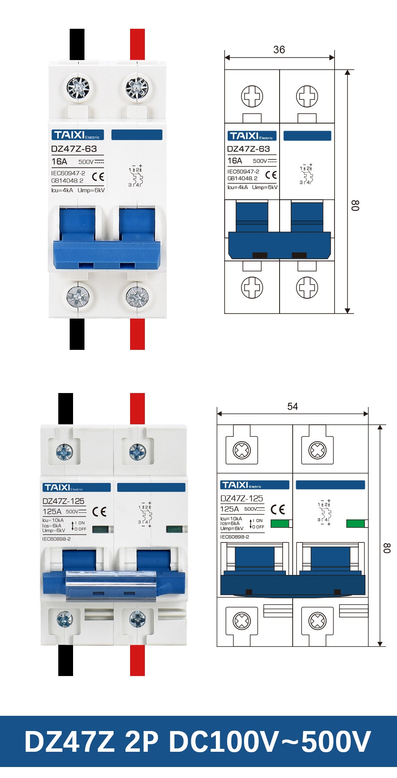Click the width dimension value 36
279,49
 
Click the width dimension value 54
293,407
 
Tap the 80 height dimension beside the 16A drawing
355,206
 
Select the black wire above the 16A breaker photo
77,44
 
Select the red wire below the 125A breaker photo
137,660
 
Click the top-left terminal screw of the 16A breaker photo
78,88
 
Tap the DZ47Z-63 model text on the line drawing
248,149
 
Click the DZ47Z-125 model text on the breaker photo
63,501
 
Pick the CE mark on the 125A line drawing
278,509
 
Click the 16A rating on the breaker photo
59,162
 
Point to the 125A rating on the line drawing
229,509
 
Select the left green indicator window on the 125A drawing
279,523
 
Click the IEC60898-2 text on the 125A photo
57,539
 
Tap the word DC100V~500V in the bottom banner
270,742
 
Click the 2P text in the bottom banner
141,742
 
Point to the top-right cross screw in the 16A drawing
307,96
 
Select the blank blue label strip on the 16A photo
137,135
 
